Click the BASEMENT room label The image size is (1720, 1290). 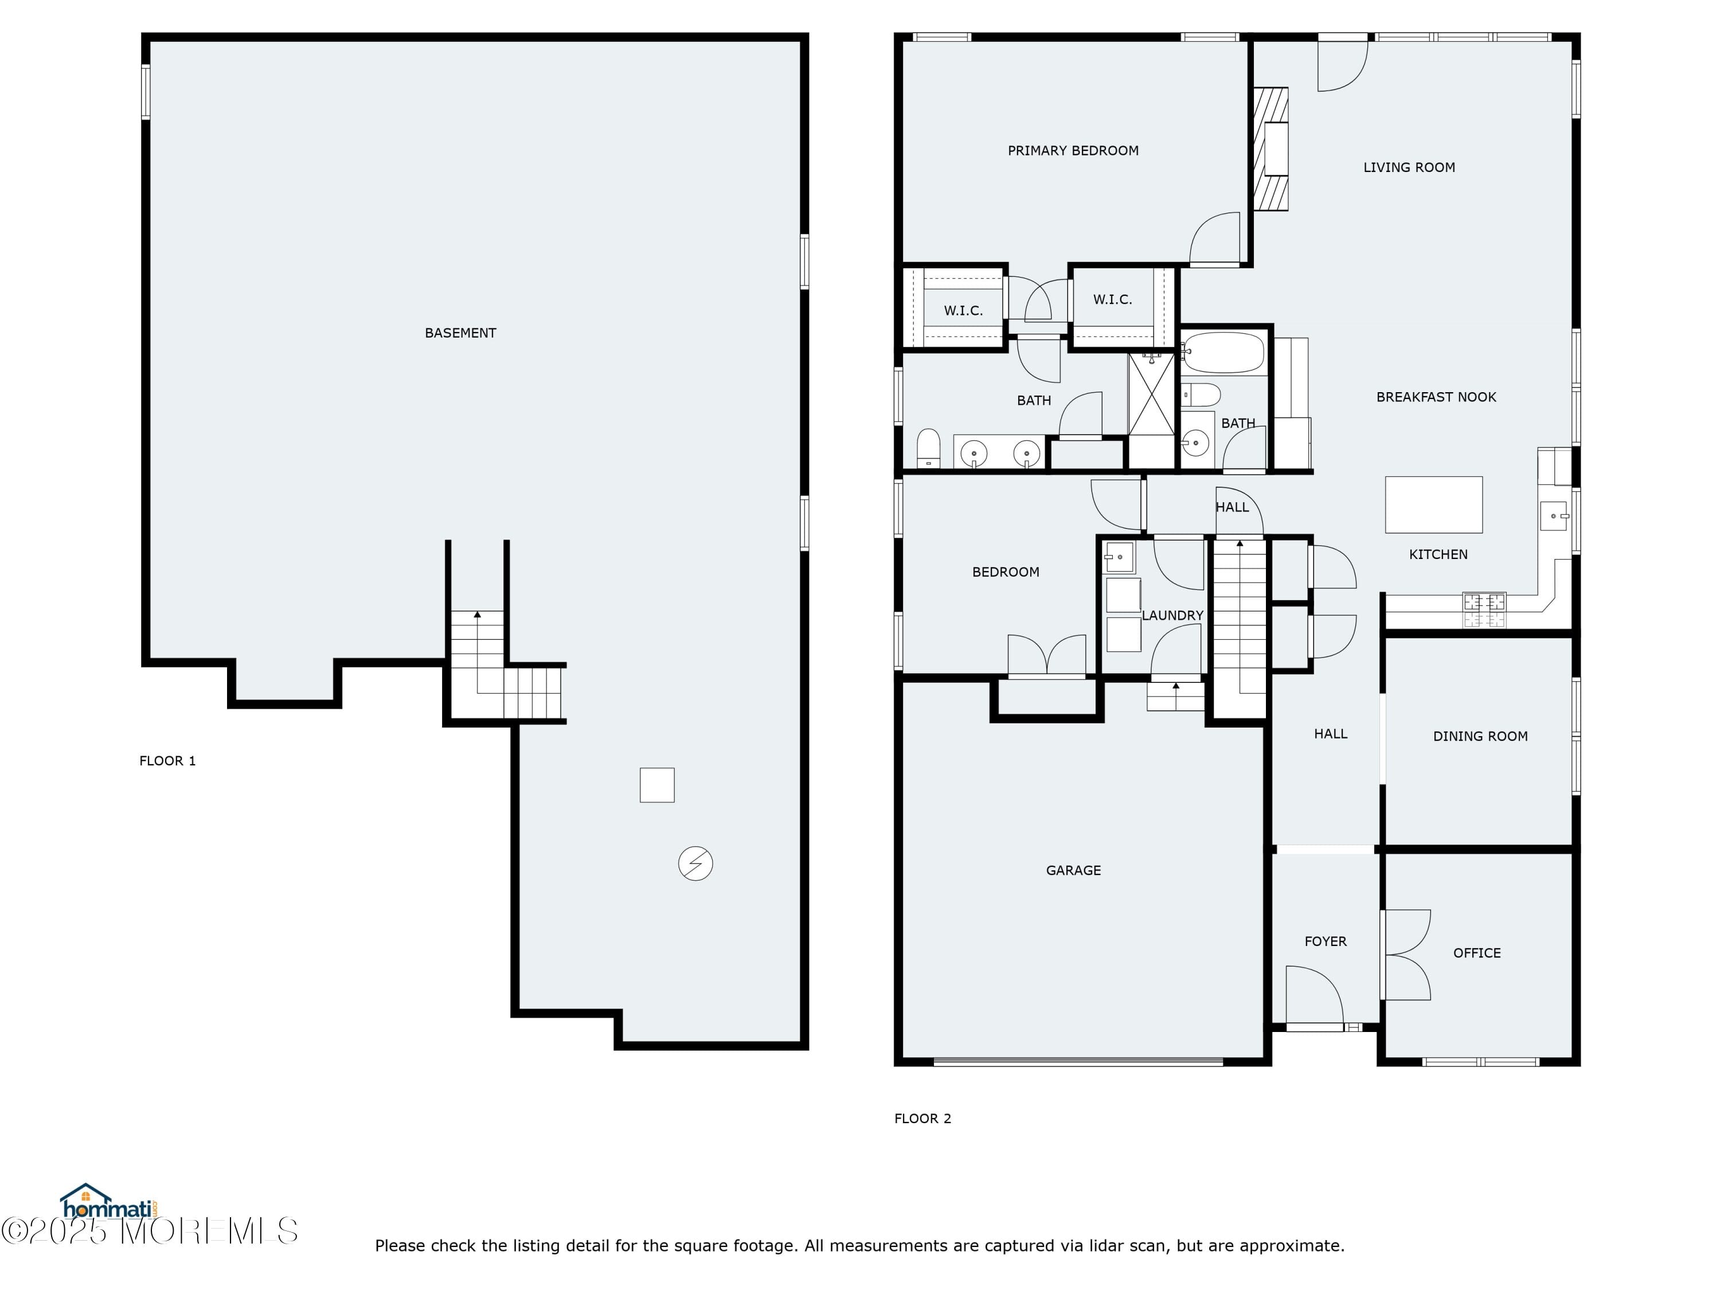(460, 333)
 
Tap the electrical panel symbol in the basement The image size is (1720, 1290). (695, 863)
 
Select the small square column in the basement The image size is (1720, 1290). (656, 784)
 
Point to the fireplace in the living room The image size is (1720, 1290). (1271, 148)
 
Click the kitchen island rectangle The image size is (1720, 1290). (1433, 505)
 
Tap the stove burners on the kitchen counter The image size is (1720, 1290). (1484, 609)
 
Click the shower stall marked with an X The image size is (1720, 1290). (1151, 395)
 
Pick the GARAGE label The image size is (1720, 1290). (1073, 870)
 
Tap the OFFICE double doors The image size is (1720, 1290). (1406, 954)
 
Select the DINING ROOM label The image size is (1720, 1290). (1480, 736)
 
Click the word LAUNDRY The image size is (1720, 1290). (1172, 615)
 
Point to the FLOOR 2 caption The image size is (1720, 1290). (922, 1118)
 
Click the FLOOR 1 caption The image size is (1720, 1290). (167, 760)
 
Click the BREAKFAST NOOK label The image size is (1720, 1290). (1436, 397)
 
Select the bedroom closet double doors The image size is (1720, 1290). (1046, 655)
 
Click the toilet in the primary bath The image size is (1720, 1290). (928, 449)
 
